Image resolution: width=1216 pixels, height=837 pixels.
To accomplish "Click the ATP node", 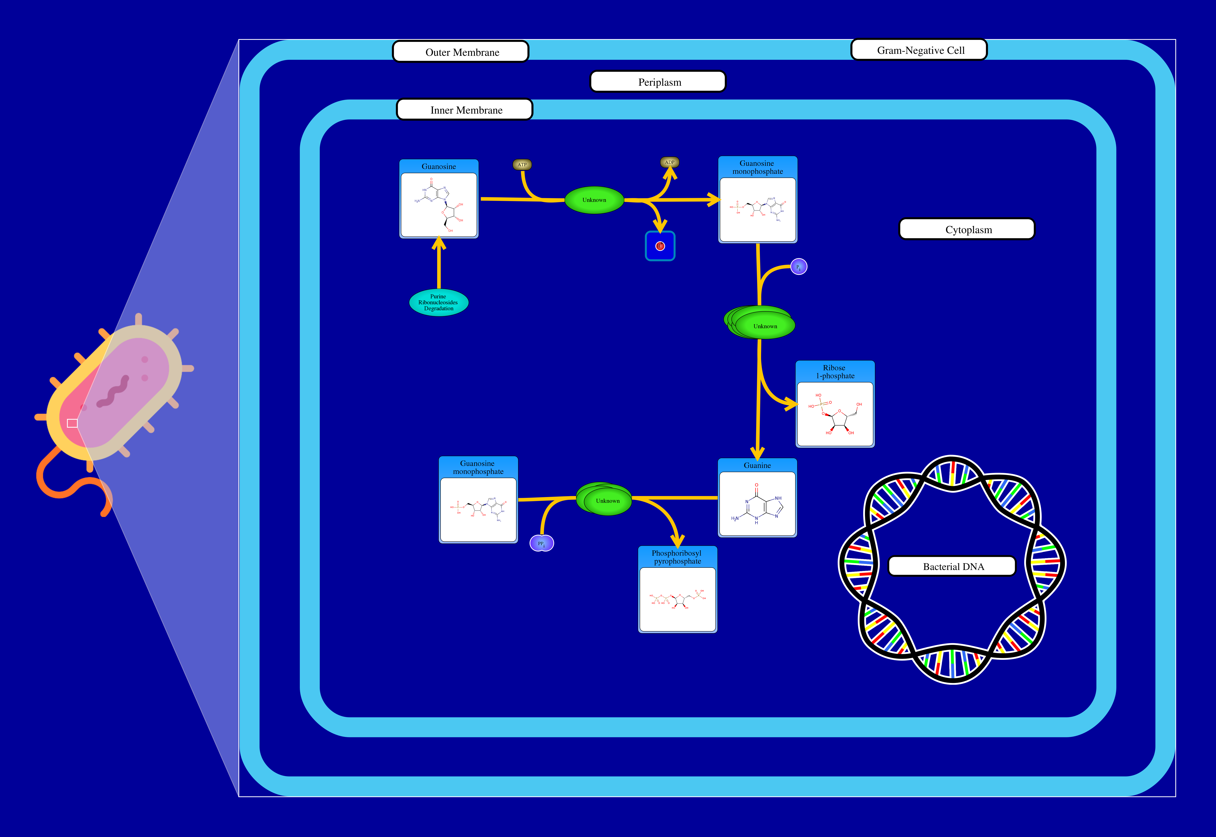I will tap(522, 165).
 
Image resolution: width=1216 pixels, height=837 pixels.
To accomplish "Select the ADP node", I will tap(669, 163).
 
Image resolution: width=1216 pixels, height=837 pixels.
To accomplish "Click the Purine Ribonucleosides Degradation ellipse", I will tap(439, 303).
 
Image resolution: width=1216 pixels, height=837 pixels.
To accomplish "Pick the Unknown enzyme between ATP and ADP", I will tap(594, 200).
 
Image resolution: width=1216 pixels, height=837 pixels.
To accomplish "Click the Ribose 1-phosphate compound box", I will tap(835, 404).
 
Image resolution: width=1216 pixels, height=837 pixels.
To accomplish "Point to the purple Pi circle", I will tap(798, 267).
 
